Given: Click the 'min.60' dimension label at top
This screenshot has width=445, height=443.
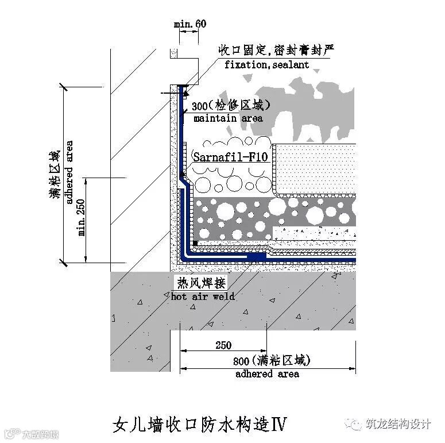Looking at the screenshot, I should [189, 24].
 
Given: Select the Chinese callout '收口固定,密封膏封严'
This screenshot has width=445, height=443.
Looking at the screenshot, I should [276, 51].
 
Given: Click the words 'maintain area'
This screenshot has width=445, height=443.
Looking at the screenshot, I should [228, 118].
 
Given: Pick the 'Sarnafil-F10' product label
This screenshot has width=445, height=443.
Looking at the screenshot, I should [230, 156].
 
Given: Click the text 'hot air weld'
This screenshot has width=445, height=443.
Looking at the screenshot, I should [203, 296].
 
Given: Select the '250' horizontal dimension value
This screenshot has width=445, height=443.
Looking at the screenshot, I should [223, 345].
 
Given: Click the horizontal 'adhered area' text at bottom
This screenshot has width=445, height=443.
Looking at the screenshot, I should [267, 374].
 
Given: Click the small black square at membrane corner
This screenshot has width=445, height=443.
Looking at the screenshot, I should [196, 243].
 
